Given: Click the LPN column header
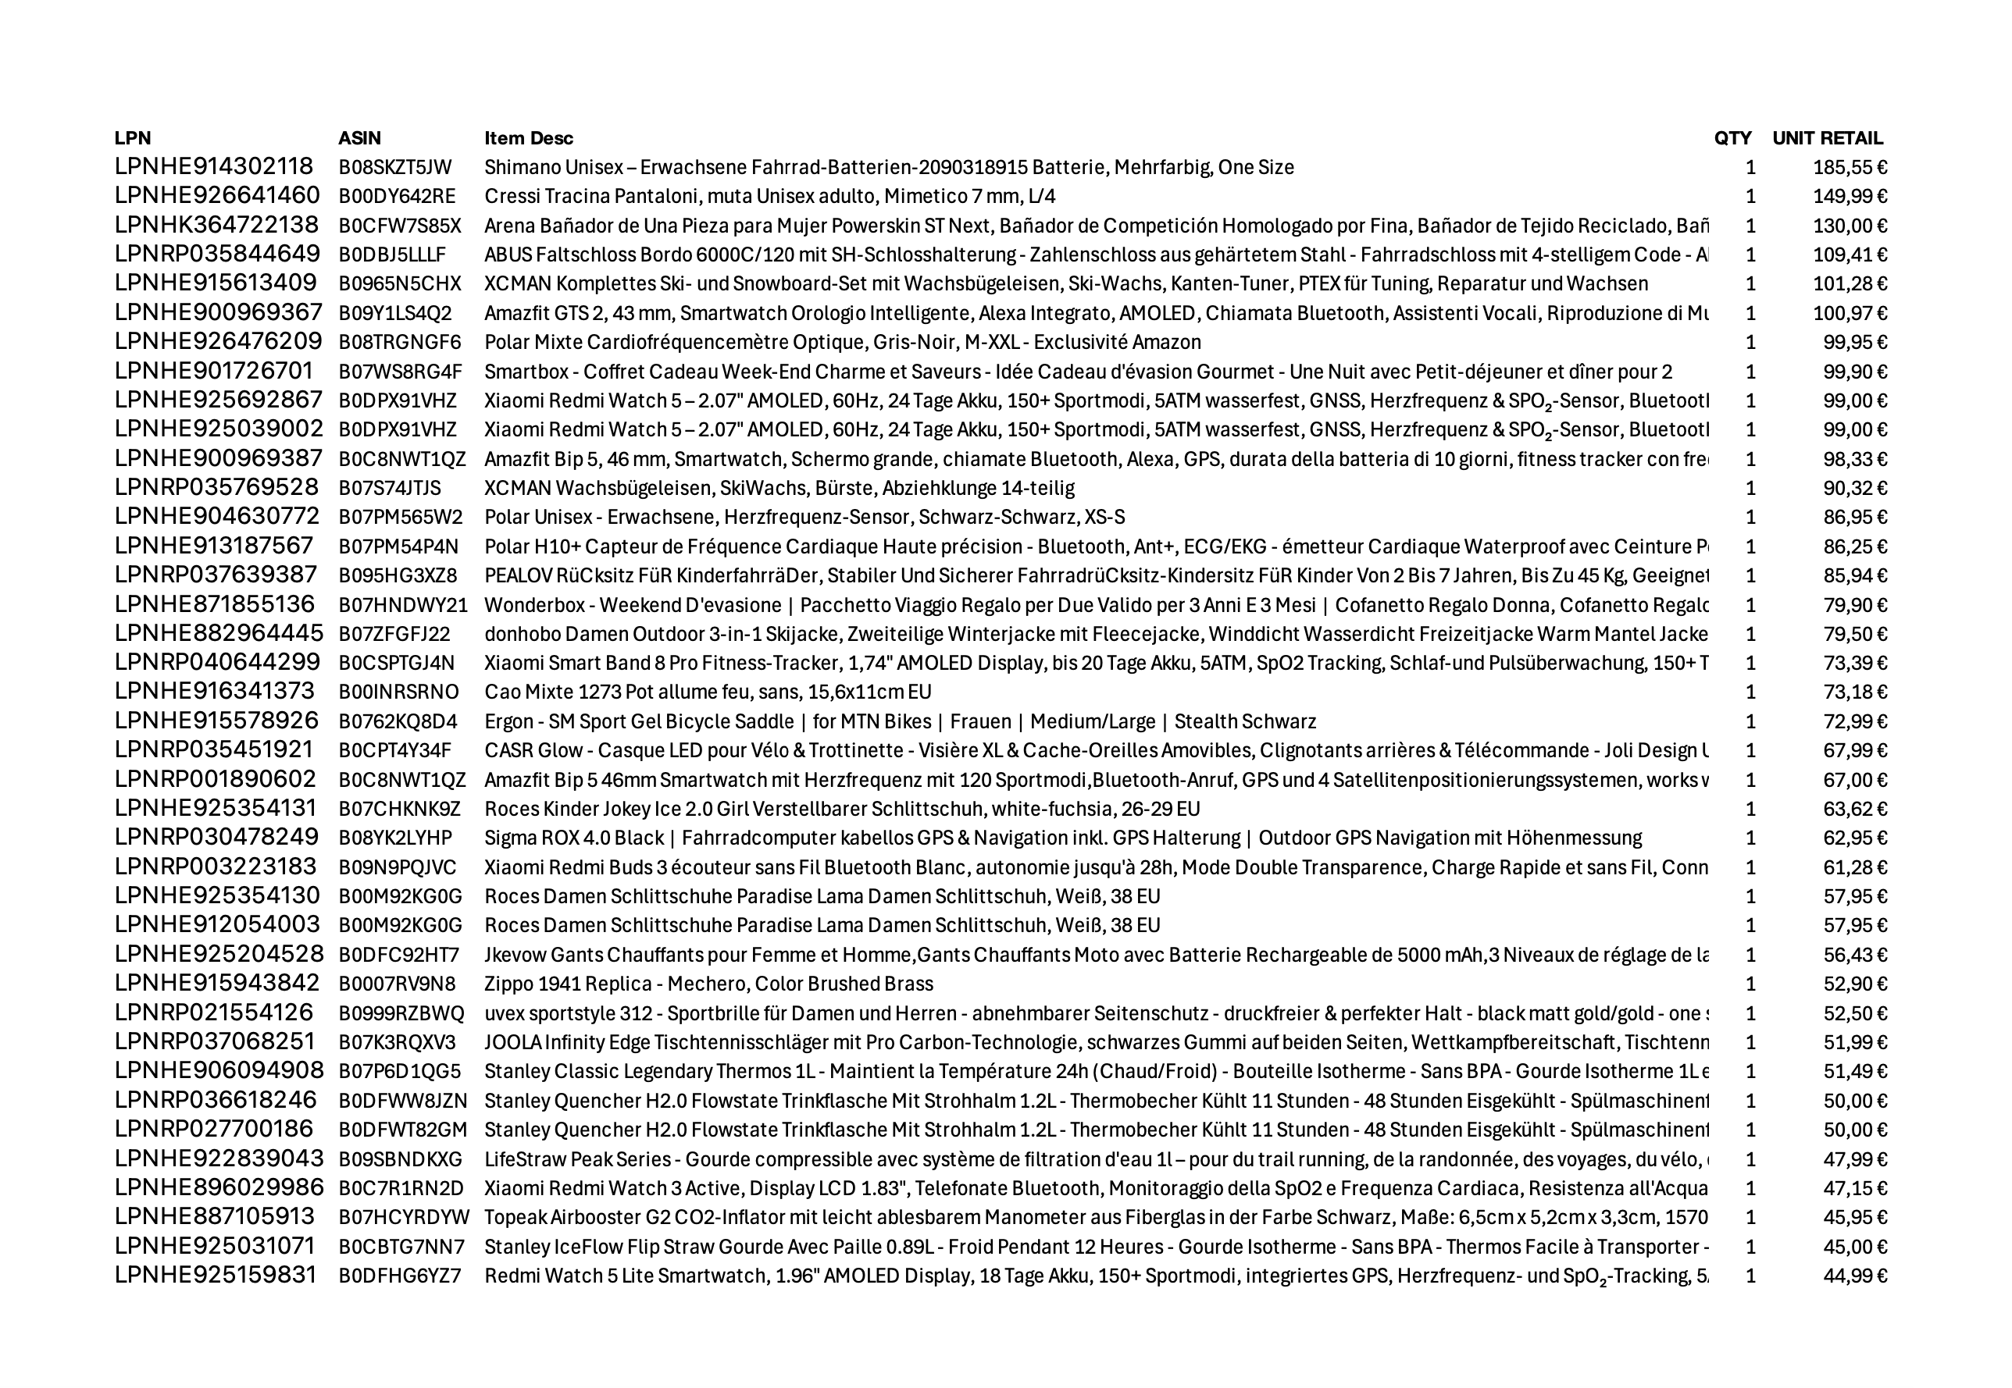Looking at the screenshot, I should [x=132, y=138].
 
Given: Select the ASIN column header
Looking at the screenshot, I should [x=359, y=138].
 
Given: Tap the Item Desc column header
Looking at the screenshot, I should [x=528, y=138].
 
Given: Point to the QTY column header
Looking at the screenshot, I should [x=1732, y=138].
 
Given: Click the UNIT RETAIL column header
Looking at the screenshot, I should [x=1827, y=138].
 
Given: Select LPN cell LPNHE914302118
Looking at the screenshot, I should [x=213, y=167].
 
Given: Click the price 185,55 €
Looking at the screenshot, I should [x=1850, y=168].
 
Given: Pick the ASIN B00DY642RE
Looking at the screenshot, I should [x=397, y=197].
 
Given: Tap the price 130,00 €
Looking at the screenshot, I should [x=1850, y=226].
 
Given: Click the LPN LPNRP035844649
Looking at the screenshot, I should [x=216, y=254].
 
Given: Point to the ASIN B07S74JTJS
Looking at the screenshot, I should [x=389, y=489].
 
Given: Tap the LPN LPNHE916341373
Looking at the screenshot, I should [x=214, y=692].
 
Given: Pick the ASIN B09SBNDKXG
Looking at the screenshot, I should [x=400, y=1160].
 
